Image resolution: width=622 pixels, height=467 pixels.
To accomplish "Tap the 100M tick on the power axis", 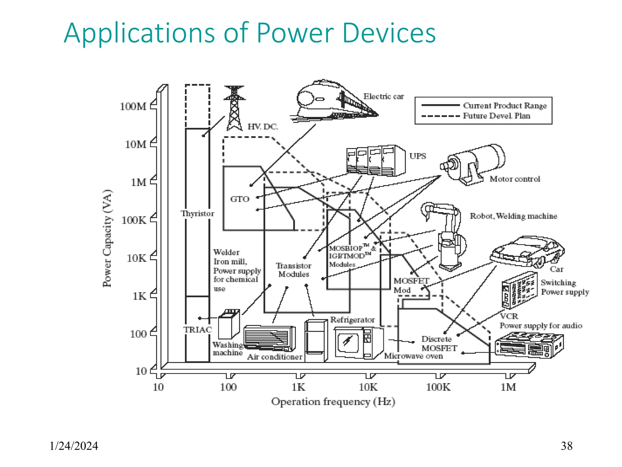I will [x=133, y=106].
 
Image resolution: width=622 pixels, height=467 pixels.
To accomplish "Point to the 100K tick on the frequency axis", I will [x=438, y=387].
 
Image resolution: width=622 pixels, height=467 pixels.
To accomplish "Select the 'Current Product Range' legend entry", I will [x=504, y=106].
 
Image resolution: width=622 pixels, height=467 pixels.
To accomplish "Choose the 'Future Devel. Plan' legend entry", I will [x=496, y=116].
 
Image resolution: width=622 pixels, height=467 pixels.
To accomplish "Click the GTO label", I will [x=240, y=199].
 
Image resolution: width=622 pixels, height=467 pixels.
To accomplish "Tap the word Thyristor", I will [x=198, y=213].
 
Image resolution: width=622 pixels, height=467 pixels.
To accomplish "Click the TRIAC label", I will [x=197, y=330].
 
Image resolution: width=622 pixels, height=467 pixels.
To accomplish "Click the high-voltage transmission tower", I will [x=234, y=108].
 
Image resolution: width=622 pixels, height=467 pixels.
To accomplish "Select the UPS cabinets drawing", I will [x=375, y=160].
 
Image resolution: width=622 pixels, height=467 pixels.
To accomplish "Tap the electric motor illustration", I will [x=474, y=164].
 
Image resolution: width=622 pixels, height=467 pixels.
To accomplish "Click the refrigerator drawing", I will [x=316, y=341].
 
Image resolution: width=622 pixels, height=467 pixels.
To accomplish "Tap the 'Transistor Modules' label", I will [x=293, y=270].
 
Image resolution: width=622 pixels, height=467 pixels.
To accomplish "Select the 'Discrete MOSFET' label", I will [x=439, y=344].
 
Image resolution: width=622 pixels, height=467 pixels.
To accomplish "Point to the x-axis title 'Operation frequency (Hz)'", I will [x=333, y=402].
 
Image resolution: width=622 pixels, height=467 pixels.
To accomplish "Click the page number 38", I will [x=566, y=446].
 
